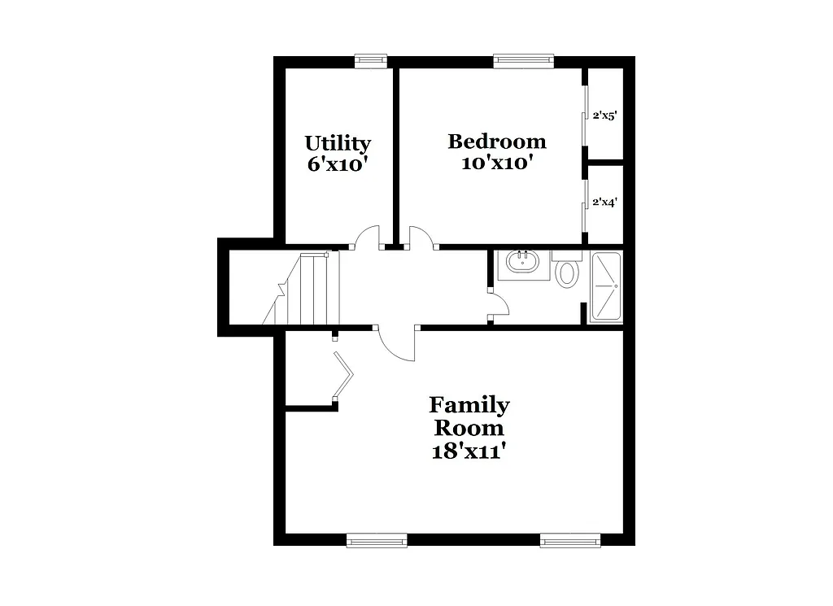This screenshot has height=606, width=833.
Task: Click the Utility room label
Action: (338, 143)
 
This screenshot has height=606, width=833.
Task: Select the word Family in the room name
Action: (469, 404)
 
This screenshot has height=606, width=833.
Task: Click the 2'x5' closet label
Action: (604, 116)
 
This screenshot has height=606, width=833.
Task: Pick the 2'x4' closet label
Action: (604, 202)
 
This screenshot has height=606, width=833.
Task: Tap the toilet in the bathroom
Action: (566, 271)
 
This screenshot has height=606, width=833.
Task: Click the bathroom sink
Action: (521, 263)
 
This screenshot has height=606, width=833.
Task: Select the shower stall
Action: (604, 287)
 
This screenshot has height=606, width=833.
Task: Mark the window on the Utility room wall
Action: (371, 60)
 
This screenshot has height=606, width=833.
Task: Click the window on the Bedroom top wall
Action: (523, 60)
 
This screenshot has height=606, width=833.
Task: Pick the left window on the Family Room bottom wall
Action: (377, 540)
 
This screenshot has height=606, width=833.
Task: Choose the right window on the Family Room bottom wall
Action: (570, 540)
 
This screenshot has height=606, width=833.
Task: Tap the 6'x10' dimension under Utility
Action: (338, 163)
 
